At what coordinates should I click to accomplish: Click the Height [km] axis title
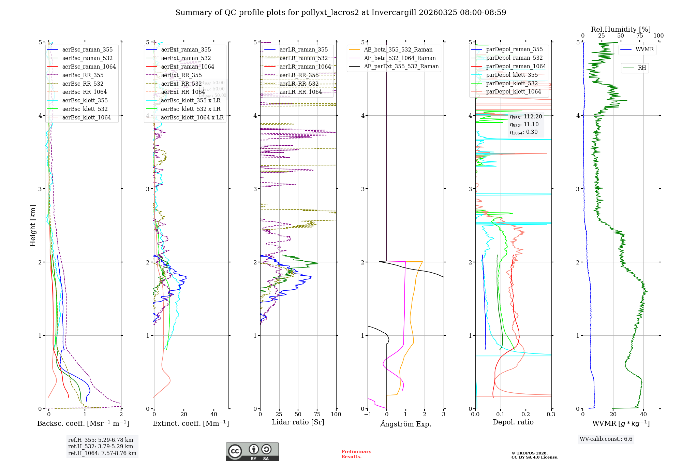tap(33, 226)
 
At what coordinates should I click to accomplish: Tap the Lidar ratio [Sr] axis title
tap(298, 422)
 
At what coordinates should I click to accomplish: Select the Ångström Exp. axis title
tap(405, 424)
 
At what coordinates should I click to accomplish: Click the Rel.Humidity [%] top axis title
tap(621, 29)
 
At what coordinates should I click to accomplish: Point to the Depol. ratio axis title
tap(513, 422)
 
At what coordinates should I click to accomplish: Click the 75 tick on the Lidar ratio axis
tap(317, 415)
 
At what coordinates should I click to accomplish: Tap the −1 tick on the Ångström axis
tap(367, 415)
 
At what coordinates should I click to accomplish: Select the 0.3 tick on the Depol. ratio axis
tap(551, 415)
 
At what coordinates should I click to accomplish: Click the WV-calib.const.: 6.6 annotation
tap(606, 439)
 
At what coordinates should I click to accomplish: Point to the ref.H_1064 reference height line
tap(102, 453)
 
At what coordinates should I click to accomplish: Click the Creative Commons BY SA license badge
tap(252, 452)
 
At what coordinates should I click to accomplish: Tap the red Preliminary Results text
tap(356, 454)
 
